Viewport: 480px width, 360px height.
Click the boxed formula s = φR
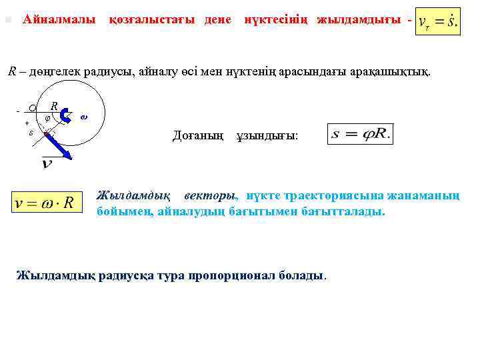click(361, 135)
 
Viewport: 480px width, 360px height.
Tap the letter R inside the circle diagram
click(54, 105)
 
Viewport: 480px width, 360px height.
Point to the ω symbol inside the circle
click(83, 117)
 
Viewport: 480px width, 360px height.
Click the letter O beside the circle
click(32, 109)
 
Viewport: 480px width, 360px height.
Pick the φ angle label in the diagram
click(47, 118)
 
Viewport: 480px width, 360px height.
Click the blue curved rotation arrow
click(65, 116)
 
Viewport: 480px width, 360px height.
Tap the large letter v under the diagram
click(47, 163)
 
